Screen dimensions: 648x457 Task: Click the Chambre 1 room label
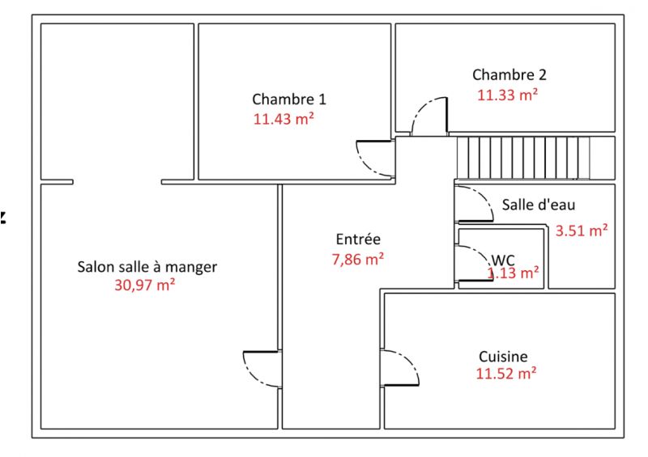[289, 99]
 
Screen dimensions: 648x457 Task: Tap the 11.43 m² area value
[283, 119]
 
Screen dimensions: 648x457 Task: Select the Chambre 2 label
[509, 74]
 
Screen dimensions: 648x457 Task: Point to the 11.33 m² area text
[508, 95]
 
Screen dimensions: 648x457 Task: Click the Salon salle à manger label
[147, 267]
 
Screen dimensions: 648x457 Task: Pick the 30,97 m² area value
[145, 285]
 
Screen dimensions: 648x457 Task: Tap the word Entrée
[358, 239]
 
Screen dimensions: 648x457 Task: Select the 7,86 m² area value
[358, 260]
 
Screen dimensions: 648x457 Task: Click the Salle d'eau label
[539, 205]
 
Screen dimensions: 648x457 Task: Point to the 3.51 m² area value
[582, 231]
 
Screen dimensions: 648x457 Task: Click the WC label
[503, 260]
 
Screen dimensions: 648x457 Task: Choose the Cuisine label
[503, 356]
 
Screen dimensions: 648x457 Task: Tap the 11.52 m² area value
[506, 374]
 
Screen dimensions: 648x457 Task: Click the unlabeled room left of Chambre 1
[117, 102]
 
